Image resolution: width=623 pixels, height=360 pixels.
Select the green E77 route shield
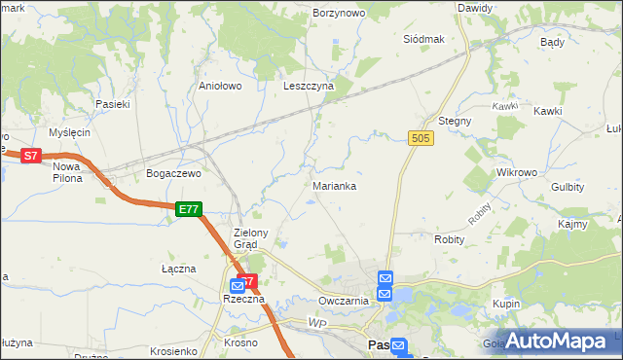[189, 209]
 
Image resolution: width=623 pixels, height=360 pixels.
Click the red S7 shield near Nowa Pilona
[31, 155]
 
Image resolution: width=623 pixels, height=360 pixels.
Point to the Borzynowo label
[339, 13]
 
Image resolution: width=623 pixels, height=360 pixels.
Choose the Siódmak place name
[423, 39]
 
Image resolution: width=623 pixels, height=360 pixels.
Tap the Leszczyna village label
[309, 86]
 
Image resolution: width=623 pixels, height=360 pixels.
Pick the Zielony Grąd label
[257, 238]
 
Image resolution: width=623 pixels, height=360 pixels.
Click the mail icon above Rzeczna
[238, 287]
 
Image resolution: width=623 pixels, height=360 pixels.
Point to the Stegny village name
[455, 121]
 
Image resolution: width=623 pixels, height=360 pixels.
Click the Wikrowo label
[517, 172]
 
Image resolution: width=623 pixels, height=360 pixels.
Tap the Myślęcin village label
[67, 133]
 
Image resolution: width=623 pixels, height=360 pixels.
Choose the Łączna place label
[179, 268]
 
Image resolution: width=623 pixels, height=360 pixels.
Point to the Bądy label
[552, 43]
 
